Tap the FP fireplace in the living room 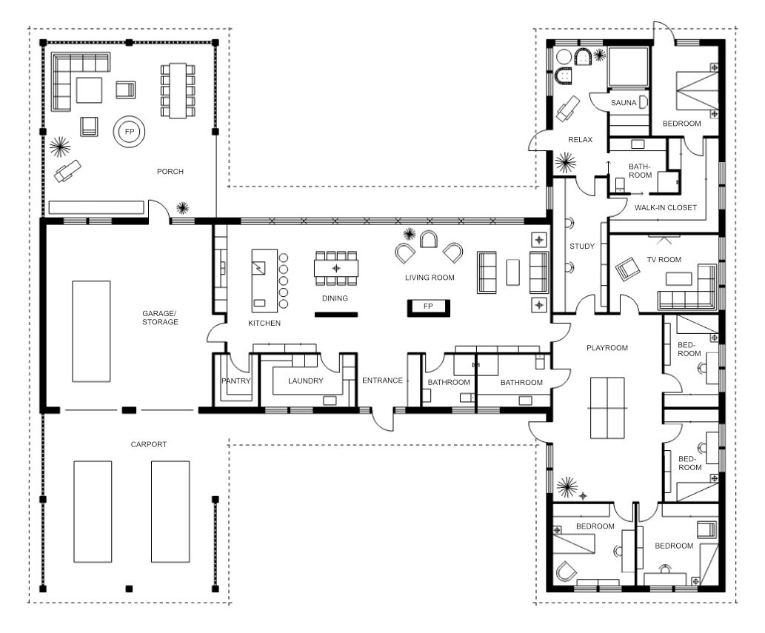point(428,308)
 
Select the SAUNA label point(624,103)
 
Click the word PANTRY point(236,381)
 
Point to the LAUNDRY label point(305,381)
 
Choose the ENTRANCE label point(382,381)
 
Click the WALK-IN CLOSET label point(666,208)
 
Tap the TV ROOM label point(664,260)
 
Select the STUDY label point(582,247)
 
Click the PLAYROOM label point(607,348)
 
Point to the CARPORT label point(149,445)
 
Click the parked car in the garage point(91,331)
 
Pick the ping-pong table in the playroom point(607,408)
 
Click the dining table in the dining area point(336,268)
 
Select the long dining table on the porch point(178,91)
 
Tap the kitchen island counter point(264,281)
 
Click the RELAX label point(580,140)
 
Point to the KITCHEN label point(264,324)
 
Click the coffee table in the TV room point(678,278)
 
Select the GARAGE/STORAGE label point(160,318)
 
